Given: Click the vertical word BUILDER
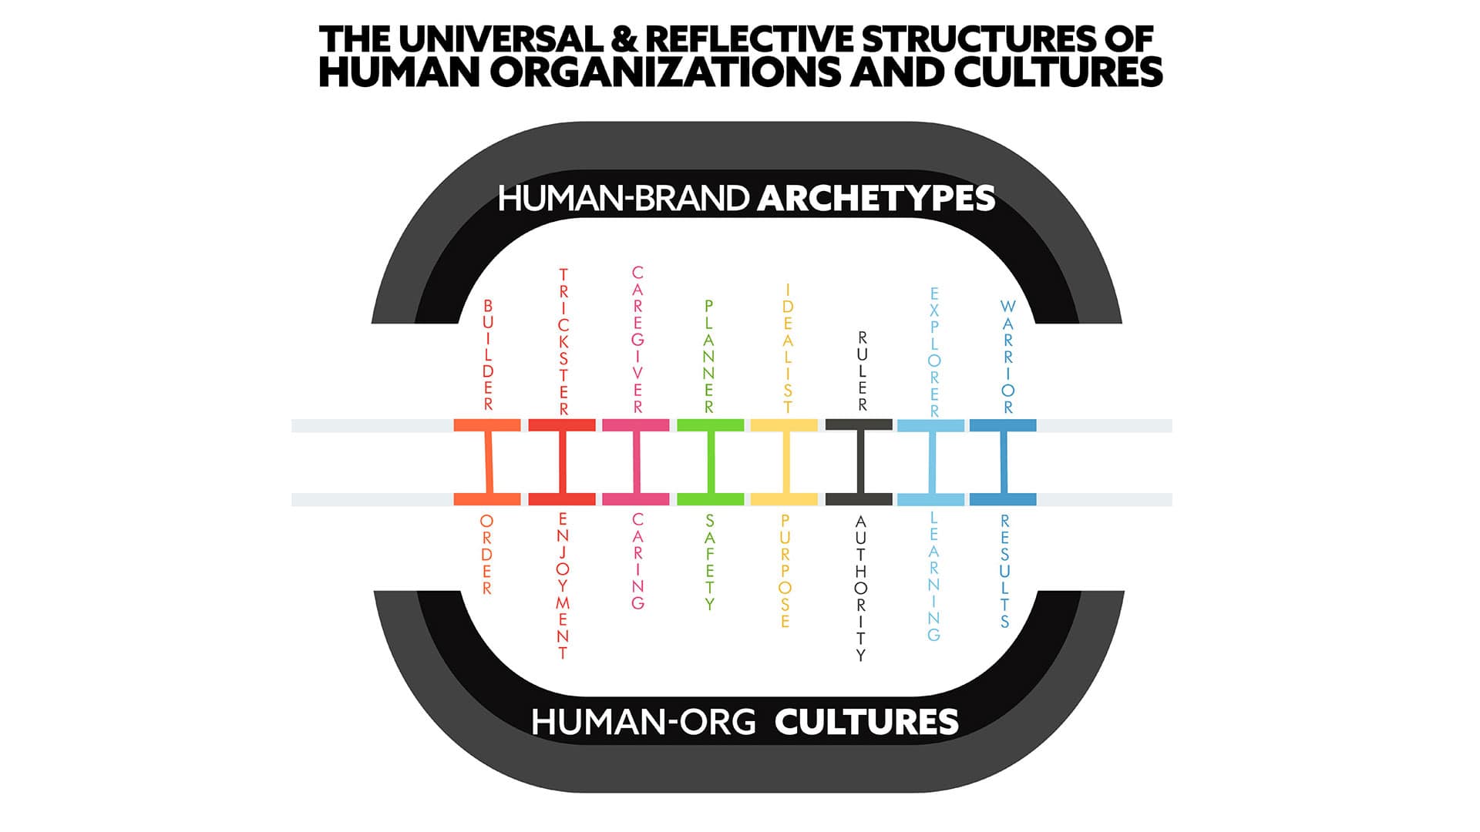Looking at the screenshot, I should (487, 354).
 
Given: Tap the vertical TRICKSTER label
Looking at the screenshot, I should (563, 342).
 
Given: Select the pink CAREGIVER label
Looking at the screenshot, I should (637, 340).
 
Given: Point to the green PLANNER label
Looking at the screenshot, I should (709, 356).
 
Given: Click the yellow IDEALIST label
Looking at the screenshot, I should (787, 348).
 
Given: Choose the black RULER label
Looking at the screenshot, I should (862, 371).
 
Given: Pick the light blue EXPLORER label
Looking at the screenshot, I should (934, 352).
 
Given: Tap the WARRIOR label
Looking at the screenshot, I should (1007, 356).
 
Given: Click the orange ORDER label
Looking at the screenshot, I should (486, 555).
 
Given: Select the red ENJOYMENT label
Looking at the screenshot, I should (563, 585).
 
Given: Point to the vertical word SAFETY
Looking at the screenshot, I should (709, 562).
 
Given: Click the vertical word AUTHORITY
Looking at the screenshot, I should (861, 589).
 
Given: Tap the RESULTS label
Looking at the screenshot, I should (1004, 571).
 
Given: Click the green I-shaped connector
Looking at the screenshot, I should (710, 462).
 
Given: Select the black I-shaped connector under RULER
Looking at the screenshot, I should (859, 462).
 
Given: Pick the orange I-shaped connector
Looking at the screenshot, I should (486, 462).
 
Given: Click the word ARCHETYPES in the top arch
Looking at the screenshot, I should (876, 199).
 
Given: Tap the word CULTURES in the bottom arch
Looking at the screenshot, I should (866, 722).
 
